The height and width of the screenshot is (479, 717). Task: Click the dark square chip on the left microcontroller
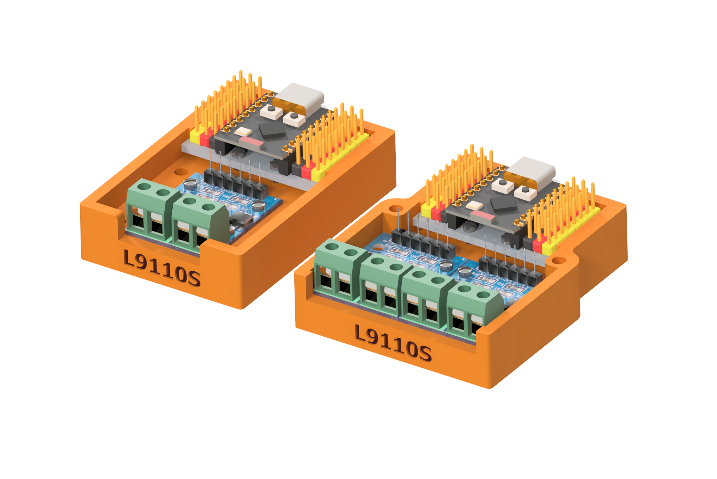point(272,130)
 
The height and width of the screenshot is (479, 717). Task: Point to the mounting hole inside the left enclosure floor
point(181,172)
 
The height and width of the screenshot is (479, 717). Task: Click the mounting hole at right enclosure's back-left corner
point(396,209)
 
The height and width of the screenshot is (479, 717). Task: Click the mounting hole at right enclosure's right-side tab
point(559,260)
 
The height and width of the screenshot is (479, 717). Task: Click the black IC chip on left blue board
point(241,220)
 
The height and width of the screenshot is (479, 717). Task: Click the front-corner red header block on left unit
point(306,171)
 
